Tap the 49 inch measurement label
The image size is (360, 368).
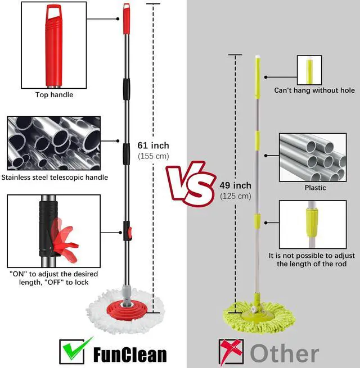(x=235, y=185)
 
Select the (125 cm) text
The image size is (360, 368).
(x=235, y=196)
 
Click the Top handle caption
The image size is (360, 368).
(x=54, y=95)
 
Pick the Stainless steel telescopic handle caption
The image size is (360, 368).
(x=55, y=178)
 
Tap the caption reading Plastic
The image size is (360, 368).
(x=315, y=188)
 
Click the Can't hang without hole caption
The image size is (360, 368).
(x=314, y=90)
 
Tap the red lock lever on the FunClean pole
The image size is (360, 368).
(x=129, y=230)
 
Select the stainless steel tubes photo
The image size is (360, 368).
(x=54, y=143)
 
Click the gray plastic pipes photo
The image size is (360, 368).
(x=312, y=157)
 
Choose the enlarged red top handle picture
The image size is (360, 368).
(x=54, y=45)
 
